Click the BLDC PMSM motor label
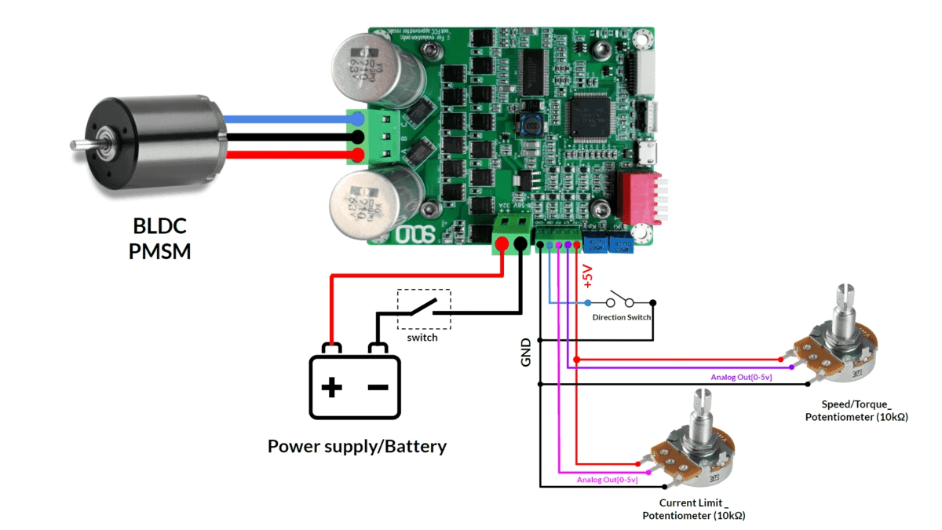(160, 239)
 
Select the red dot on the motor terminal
(358, 154)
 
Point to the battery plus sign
(332, 386)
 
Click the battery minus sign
(378, 386)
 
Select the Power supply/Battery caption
(357, 447)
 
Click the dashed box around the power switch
(424, 309)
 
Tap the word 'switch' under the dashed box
(422, 337)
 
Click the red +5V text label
(587, 277)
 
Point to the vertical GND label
(526, 352)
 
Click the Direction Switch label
(621, 317)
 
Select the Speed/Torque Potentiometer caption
(856, 410)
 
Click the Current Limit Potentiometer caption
(693, 509)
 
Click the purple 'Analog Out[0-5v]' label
(741, 378)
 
